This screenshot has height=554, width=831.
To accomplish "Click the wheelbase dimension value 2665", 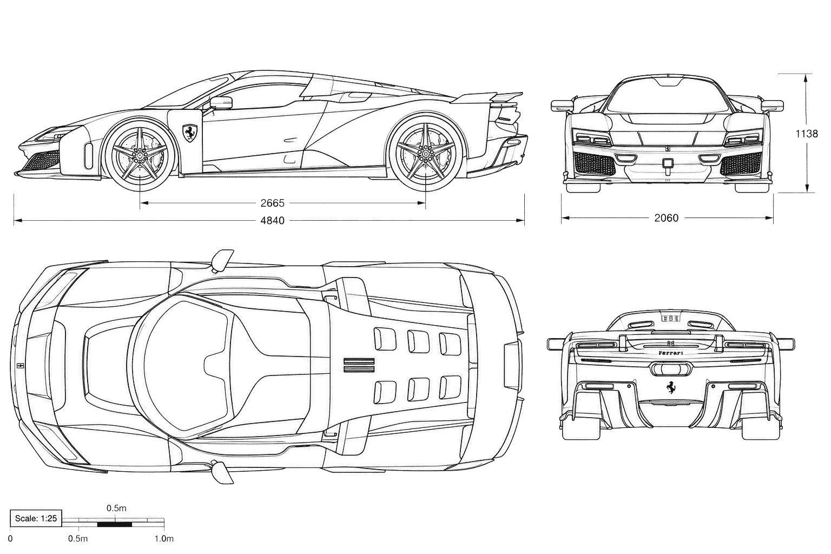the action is pos(272,203).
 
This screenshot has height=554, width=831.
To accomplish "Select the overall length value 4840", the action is pos(272,221).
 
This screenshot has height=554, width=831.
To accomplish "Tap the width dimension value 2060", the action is pos(667,218).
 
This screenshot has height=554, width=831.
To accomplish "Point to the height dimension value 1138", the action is pos(807,134).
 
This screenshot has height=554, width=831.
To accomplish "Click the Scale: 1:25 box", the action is pos(36,518).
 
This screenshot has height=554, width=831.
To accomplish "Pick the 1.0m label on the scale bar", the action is pos(164,538).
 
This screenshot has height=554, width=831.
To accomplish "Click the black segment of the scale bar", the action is pos(115,524).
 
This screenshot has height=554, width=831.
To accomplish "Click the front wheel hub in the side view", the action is pos(140,154).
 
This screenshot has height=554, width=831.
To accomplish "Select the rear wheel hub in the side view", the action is pos(425,154).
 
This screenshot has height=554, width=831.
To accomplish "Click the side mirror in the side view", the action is pos(221,103).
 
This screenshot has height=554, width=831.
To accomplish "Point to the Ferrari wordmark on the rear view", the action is pos(671,353).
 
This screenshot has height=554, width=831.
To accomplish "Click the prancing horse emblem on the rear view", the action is pos(670,387).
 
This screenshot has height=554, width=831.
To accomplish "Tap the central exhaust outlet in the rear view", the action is pos(670,370).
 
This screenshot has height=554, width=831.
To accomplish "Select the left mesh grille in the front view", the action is pos(595,164).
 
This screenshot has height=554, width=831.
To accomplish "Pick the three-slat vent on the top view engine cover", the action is pos(359,365).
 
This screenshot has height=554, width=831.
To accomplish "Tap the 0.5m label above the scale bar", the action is pos(116,508).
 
